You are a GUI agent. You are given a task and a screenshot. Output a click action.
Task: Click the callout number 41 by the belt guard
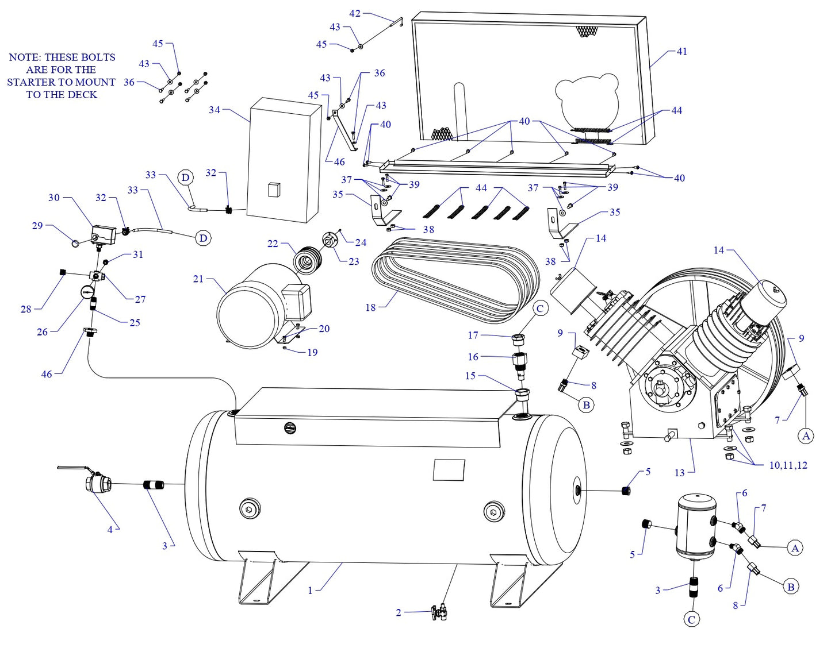pos(681,51)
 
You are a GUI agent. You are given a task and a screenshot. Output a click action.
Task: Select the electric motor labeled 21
pos(253,307)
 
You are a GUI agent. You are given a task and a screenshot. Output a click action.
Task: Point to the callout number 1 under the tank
pos(310,590)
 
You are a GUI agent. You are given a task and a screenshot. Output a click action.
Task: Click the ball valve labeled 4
pos(96,481)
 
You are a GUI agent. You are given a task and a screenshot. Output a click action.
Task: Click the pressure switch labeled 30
pos(104,234)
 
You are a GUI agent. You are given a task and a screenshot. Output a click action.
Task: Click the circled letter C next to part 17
pos(539,308)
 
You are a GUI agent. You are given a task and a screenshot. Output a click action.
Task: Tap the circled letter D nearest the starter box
pos(185,178)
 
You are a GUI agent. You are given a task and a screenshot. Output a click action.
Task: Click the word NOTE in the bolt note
pos(24,57)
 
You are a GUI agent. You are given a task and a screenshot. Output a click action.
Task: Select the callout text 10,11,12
pos(788,465)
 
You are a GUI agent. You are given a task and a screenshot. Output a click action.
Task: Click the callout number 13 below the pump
pos(680,473)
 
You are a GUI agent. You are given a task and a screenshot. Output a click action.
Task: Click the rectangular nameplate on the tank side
pos(449,470)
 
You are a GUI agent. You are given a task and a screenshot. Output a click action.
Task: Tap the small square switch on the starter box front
pos(274,190)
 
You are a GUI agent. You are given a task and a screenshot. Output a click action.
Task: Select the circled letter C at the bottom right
pos(691,619)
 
